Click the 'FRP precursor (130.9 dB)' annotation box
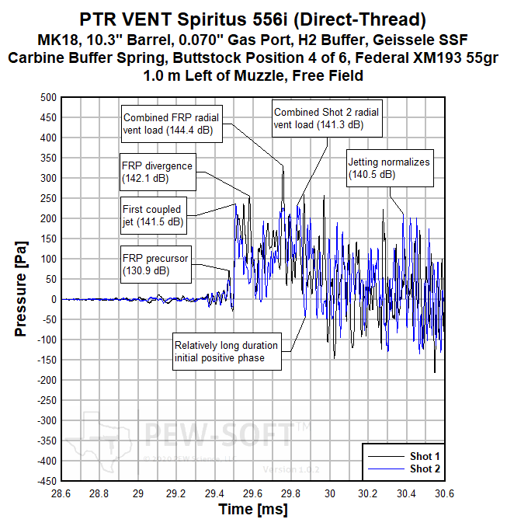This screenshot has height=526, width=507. (155, 264)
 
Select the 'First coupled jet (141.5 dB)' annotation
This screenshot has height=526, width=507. (152, 215)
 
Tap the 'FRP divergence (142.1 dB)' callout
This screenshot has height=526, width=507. (156, 172)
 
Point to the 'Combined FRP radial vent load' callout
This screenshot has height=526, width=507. (172, 123)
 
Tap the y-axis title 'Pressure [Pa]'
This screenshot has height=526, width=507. (21, 289)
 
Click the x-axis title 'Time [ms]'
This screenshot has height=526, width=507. (252, 510)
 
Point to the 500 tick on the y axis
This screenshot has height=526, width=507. (48, 97)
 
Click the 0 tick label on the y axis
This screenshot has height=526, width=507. (53, 299)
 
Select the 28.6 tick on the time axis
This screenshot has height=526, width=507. (61, 493)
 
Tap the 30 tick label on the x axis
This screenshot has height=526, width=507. (330, 493)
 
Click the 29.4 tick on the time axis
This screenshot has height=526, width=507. (214, 493)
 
